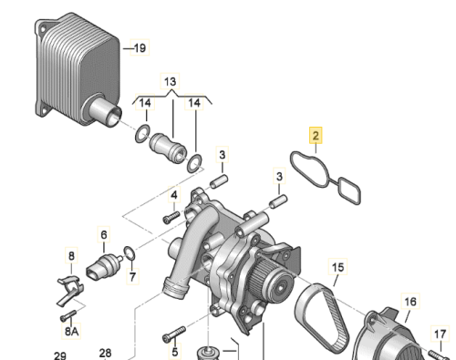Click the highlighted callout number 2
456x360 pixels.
coord(316,135)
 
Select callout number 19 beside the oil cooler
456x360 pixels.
coord(140,47)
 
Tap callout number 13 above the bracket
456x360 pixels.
coord(170,81)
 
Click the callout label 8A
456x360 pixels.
coord(72,331)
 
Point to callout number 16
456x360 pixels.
coord(410,302)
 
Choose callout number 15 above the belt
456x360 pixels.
coord(337,267)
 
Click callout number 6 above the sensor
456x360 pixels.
coord(104,234)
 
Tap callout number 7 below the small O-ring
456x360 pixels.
coord(132,276)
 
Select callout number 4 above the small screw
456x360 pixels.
coord(174,195)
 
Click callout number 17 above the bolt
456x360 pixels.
coord(440,334)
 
